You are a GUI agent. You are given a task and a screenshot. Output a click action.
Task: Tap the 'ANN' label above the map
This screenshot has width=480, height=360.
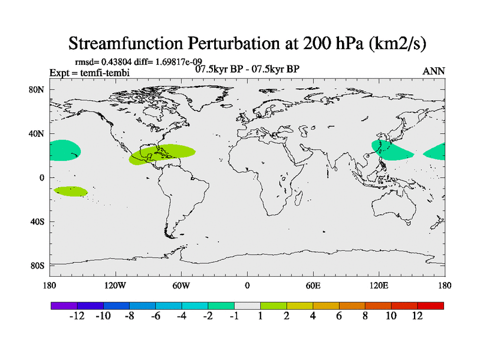[x=434, y=71]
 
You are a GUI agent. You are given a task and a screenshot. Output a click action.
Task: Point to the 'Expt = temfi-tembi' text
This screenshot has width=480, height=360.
[x=89, y=73]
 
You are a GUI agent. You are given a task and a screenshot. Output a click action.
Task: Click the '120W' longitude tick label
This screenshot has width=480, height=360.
[x=115, y=285]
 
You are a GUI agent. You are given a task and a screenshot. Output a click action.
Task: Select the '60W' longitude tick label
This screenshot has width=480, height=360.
[x=181, y=285]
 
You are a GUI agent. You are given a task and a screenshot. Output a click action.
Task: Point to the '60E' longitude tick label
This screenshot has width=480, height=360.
[x=313, y=285]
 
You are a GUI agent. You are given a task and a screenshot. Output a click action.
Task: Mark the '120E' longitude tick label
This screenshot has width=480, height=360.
[x=379, y=285]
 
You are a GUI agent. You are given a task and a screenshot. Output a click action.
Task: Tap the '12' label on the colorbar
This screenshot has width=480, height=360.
[x=417, y=316]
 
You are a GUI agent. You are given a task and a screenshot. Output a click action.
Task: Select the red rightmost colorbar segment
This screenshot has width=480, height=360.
[x=430, y=305]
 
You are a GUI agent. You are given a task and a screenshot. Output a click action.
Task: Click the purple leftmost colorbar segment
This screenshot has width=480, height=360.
[x=64, y=305]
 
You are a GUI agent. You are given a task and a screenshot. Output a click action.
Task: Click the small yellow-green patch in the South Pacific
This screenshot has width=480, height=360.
[x=71, y=191]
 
